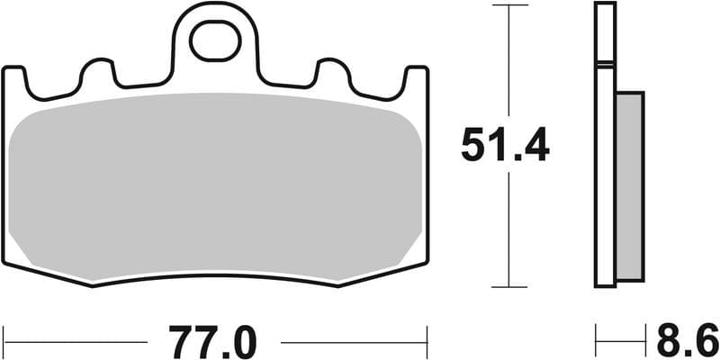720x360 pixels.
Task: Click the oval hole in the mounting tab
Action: click(214, 43)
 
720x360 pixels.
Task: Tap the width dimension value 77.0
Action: click(214, 342)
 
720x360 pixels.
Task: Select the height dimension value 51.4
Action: click(505, 145)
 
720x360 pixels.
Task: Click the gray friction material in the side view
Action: click(631, 184)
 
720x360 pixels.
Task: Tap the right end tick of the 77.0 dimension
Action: click(427, 342)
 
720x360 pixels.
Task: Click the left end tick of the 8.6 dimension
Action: click(596, 342)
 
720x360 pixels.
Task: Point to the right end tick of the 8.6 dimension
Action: click(645, 342)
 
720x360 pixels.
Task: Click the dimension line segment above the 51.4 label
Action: click(509, 63)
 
